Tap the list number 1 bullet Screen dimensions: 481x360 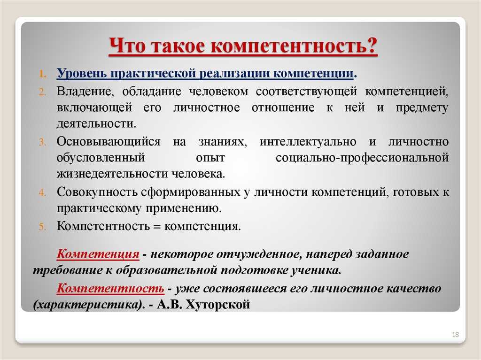click(x=43, y=74)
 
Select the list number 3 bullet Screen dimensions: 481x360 click(x=42, y=142)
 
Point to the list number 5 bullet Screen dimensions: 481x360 click(x=42, y=227)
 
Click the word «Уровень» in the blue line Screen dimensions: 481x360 click(x=82, y=74)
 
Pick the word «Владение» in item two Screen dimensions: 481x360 click(x=85, y=92)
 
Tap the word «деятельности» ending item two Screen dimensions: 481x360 click(x=96, y=123)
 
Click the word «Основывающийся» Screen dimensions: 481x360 click(x=109, y=142)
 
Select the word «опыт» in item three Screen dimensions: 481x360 click(x=210, y=158)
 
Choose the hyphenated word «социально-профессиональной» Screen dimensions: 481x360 click(x=362, y=158)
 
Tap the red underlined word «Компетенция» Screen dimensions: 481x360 click(x=98, y=254)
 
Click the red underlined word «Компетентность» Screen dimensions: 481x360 click(x=110, y=289)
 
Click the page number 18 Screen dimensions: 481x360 click(x=455, y=335)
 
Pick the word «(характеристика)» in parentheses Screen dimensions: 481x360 click(x=88, y=305)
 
